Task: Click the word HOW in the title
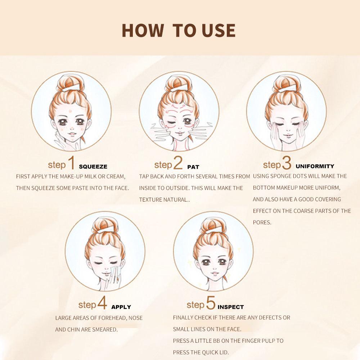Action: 143,31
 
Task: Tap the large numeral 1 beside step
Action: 71,163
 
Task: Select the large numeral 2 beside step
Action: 178,163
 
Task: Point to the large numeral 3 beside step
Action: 287,163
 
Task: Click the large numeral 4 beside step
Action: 102,302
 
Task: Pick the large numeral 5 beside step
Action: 211,302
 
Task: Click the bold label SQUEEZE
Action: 93,167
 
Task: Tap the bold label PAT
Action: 193,167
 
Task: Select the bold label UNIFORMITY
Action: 315,166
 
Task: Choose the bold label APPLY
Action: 121,307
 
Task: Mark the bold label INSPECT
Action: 230,307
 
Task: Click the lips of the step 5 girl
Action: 215,273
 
